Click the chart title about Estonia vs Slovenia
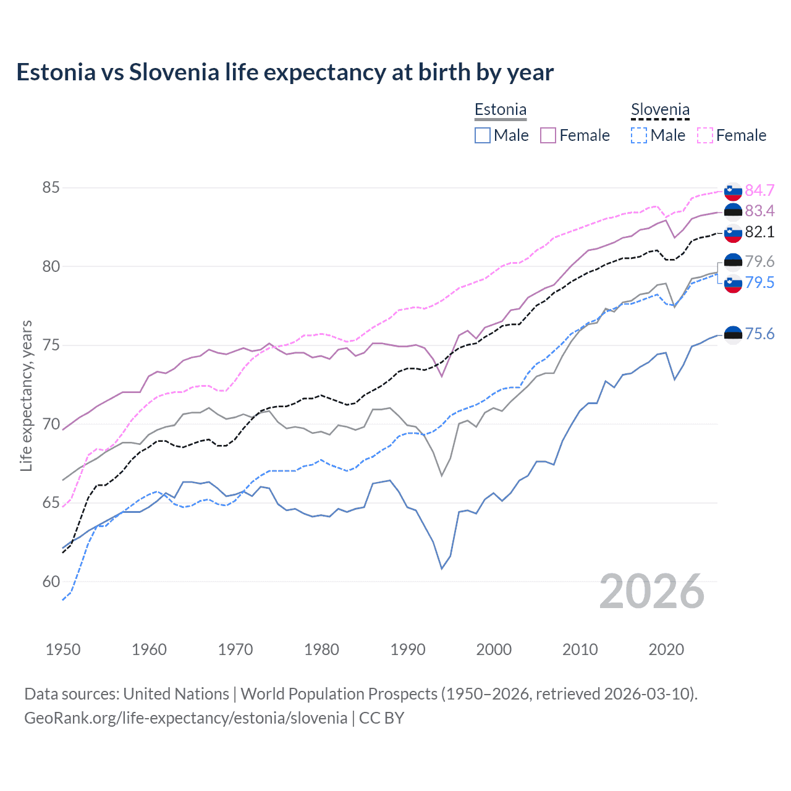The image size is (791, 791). [285, 72]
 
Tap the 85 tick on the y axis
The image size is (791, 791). [51, 187]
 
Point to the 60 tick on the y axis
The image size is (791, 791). [51, 582]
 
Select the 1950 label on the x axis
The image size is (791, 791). [63, 649]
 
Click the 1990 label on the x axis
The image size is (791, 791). [408, 649]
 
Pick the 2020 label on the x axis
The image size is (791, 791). [666, 649]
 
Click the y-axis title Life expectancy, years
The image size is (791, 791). [26, 395]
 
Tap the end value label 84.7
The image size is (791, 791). [759, 190]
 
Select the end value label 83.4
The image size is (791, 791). [759, 211]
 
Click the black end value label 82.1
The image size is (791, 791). [759, 232]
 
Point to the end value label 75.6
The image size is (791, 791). [759, 334]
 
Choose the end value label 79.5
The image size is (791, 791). [759, 282]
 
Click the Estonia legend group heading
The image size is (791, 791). [501, 110]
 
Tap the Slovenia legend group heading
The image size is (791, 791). [660, 110]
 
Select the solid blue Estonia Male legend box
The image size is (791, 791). [483, 135]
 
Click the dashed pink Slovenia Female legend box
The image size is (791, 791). [705, 135]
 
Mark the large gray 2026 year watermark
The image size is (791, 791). [652, 591]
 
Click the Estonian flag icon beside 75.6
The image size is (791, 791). [733, 334]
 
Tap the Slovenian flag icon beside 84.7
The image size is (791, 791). [733, 191]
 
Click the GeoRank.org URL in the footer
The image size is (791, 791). [185, 718]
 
